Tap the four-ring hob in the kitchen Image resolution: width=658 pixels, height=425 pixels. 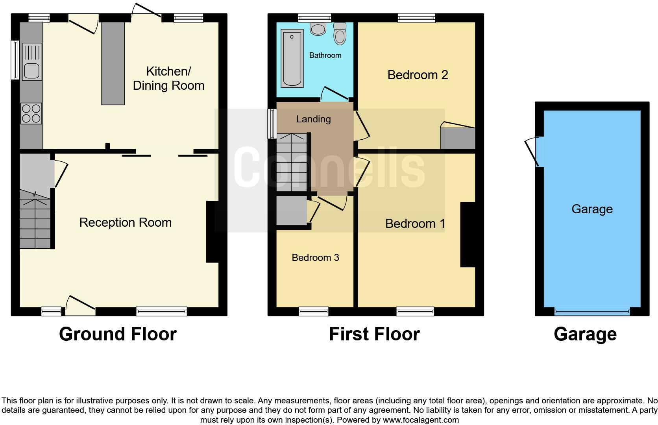(x=32, y=113)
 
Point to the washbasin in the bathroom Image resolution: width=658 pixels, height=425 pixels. (x=318, y=28)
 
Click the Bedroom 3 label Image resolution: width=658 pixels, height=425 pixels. (x=315, y=258)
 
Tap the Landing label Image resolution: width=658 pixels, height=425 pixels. (x=313, y=119)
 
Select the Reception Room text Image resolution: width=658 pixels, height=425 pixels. (x=125, y=223)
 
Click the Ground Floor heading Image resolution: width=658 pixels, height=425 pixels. (x=118, y=334)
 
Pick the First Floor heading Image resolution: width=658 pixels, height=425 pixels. (x=374, y=334)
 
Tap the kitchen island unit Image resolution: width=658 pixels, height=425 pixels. (x=113, y=63)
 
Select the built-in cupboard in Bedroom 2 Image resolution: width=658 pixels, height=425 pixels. (x=457, y=138)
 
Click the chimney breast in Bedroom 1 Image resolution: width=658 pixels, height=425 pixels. (x=468, y=235)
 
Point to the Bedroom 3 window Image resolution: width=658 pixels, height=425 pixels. (x=314, y=312)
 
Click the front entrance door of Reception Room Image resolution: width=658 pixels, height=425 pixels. (x=81, y=306)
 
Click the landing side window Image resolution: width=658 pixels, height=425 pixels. (x=272, y=124)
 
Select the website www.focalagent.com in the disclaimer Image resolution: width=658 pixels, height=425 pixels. (x=421, y=420)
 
